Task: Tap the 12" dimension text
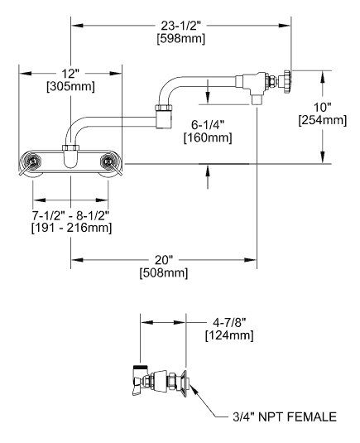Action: click(x=71, y=71)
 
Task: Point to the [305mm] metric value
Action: click(x=71, y=86)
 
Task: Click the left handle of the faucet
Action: click(x=32, y=161)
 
